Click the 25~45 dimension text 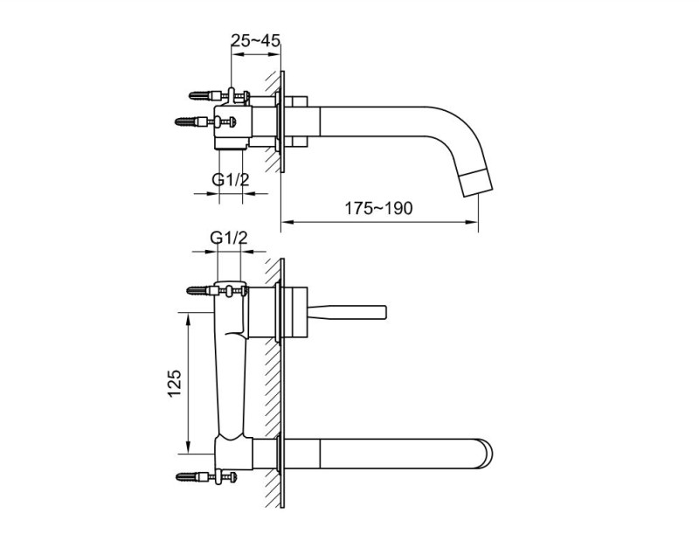point(256,40)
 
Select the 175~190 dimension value point(378,209)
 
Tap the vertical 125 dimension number point(174,383)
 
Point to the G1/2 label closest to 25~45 point(230,180)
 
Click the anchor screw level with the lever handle point(201,290)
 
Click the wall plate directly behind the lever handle point(279,309)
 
